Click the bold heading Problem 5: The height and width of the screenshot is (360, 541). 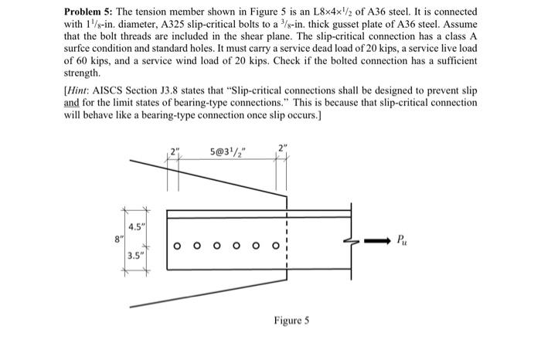90,14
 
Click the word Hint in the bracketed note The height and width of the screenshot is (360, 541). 80,92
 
